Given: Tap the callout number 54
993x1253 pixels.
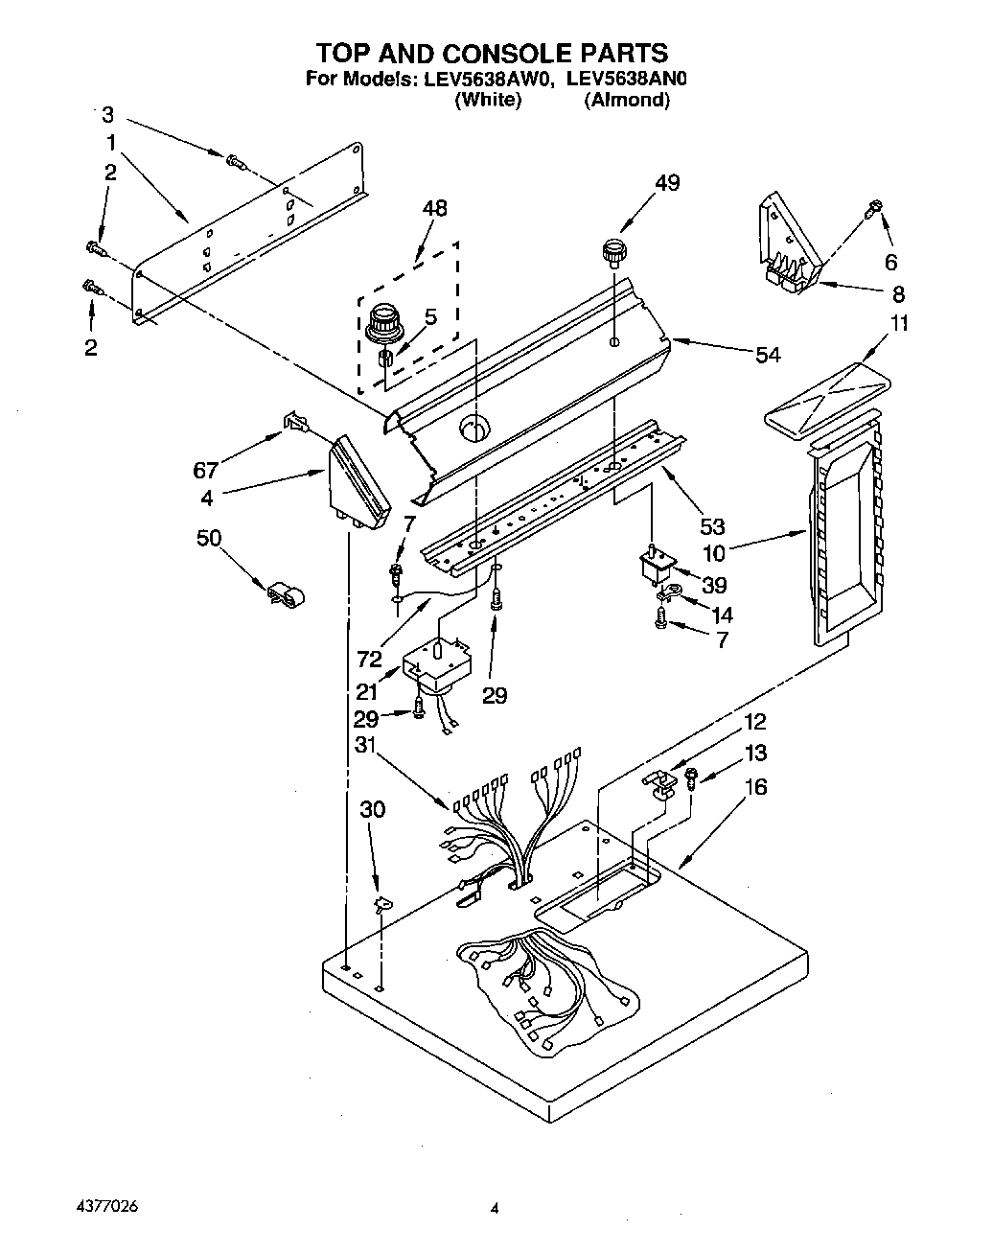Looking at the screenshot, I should coord(767,355).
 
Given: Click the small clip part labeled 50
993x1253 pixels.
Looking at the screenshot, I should coord(284,596).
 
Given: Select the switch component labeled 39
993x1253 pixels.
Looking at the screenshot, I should coord(655,567).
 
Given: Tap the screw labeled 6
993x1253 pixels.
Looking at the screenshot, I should coord(874,207).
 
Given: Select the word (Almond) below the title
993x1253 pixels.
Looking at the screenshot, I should coord(626,100).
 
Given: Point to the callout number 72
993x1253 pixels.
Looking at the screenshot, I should coord(369,659).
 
